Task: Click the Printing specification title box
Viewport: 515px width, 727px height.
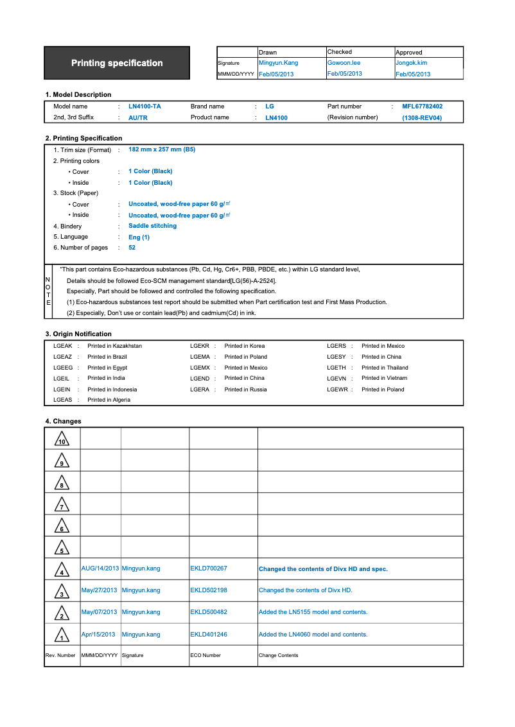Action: coord(117,63)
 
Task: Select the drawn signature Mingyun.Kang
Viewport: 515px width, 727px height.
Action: coord(278,63)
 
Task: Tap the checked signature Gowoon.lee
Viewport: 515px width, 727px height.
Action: coord(344,63)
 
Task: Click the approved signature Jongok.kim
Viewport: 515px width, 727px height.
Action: coord(411,63)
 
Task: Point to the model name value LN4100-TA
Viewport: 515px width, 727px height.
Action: coord(144,107)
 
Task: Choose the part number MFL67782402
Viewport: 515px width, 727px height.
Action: coord(422,107)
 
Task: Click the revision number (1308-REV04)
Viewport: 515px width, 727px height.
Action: coord(422,118)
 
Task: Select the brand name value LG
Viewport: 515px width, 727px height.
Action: coord(269,107)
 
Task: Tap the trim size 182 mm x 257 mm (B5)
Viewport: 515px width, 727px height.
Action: coord(162,150)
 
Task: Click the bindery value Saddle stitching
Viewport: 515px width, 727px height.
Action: coord(152,226)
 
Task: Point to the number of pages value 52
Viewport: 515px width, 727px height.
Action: coord(132,248)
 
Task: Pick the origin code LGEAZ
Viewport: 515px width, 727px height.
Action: coord(62,357)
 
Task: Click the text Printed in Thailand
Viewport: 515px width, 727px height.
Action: coord(385,368)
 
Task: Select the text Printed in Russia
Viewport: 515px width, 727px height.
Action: coord(245,389)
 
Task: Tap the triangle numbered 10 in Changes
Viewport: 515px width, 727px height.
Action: coord(62,440)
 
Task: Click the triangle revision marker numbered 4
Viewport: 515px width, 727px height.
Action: coord(62,570)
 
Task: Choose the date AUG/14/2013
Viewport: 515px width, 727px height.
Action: coord(100,569)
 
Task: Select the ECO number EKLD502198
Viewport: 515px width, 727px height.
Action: coord(209,590)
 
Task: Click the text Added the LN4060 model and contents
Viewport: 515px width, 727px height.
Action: coord(313,635)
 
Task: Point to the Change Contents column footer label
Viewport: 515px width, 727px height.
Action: coord(278,655)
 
